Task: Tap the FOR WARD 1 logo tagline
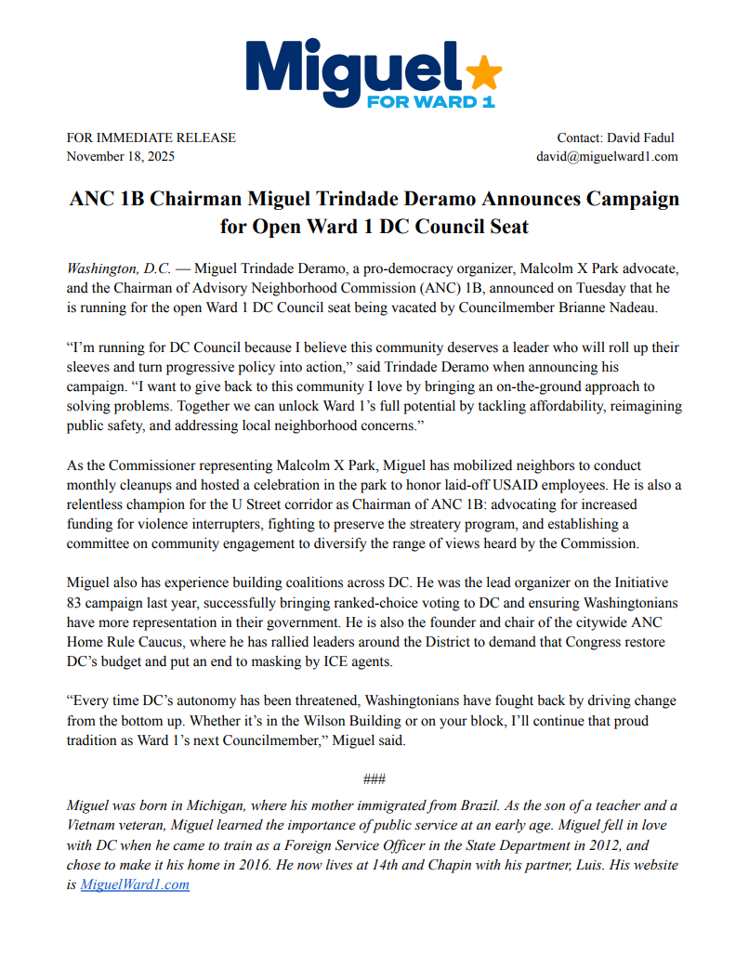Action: click(x=431, y=100)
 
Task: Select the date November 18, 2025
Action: click(x=121, y=156)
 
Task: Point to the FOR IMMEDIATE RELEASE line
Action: click(x=151, y=137)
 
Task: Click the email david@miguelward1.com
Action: click(x=607, y=156)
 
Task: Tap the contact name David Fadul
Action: click(x=640, y=137)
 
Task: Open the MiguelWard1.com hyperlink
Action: click(x=135, y=884)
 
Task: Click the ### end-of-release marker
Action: click(x=374, y=778)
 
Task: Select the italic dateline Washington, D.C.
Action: click(x=119, y=268)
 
